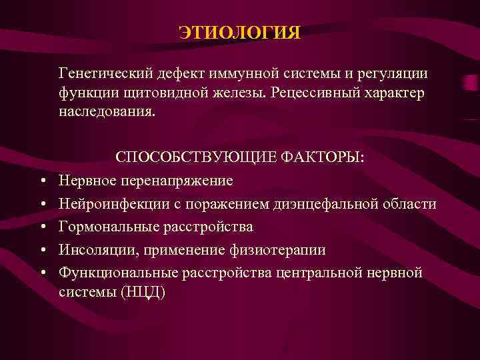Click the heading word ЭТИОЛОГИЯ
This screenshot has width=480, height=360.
240,33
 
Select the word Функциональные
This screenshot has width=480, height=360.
119,273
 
